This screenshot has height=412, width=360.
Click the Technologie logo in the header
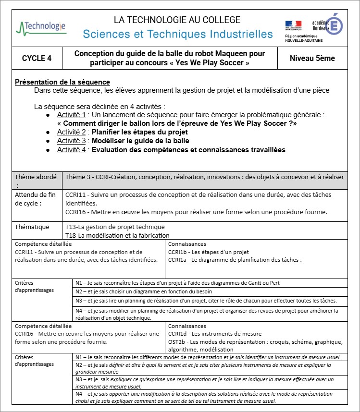[41, 26]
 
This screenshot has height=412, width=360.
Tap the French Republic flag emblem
[293, 25]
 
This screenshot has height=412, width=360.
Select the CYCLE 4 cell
[37, 59]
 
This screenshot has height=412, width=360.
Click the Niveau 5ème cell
[312, 59]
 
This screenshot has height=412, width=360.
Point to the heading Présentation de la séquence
[62, 82]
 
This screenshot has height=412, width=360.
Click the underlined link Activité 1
[71, 115]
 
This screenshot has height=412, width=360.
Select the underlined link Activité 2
[71, 132]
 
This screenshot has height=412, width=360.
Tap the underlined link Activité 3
[71, 141]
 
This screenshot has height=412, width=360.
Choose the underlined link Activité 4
[71, 150]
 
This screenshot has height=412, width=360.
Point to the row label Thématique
[32, 227]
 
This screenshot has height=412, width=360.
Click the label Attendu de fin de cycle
[36, 199]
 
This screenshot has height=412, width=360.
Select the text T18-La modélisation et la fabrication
[117, 235]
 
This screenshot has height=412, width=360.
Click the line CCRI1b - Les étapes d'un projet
[208, 252]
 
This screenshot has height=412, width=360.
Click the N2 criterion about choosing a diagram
[144, 291]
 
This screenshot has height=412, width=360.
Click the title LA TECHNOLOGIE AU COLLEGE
[177, 20]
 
